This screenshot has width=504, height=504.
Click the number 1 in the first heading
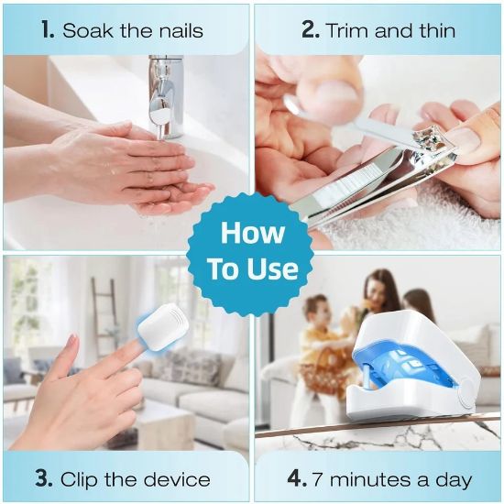pos(46,29)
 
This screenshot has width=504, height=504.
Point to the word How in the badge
pos(251,234)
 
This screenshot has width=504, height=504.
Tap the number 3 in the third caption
pos(43,478)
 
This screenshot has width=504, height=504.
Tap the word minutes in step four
pos(371,478)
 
